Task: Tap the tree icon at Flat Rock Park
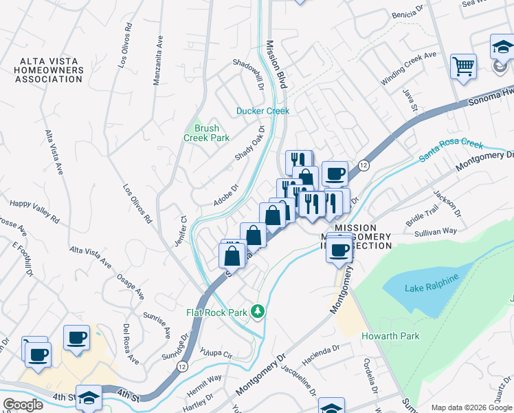(x=258, y=312)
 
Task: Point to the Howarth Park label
(x=390, y=336)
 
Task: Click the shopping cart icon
(x=464, y=67)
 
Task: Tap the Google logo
(x=23, y=405)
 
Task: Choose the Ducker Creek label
(x=262, y=110)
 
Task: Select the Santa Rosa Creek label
(x=451, y=152)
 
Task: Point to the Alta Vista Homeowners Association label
(x=52, y=70)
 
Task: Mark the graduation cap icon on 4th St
(x=89, y=397)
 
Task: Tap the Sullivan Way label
(x=436, y=233)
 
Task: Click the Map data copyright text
(x=471, y=407)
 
